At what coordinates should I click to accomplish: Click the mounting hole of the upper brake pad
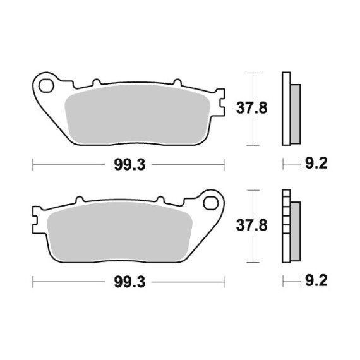tap(46, 86)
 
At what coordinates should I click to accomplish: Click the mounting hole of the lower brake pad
tap(210, 203)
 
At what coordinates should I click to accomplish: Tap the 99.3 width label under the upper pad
tap(129, 165)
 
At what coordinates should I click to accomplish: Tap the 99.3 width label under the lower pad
tap(129, 282)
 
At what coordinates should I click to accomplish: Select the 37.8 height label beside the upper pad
tap(251, 108)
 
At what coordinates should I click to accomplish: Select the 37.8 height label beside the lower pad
tap(251, 225)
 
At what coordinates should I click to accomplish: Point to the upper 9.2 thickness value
tap(316, 164)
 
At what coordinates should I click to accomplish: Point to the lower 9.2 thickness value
tap(316, 280)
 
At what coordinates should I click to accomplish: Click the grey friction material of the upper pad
tap(137, 114)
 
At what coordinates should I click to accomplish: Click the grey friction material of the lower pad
tap(119, 232)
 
